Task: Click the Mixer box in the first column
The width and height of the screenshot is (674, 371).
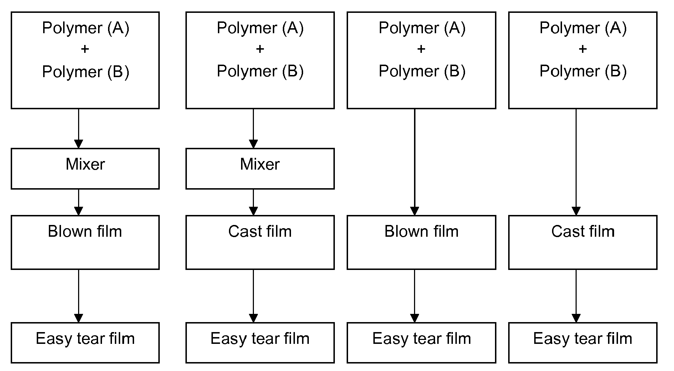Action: click(85, 169)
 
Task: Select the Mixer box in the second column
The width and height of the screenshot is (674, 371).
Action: click(260, 169)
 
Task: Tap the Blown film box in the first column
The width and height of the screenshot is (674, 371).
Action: click(85, 242)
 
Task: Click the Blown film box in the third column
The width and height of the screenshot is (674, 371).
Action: click(421, 242)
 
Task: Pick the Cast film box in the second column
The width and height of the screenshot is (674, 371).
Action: click(260, 242)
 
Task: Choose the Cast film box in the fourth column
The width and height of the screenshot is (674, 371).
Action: click(583, 242)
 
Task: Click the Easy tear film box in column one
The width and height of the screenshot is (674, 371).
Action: click(85, 342)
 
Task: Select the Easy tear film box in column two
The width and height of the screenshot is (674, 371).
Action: click(260, 342)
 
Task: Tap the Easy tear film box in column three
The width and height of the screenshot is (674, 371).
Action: click(421, 342)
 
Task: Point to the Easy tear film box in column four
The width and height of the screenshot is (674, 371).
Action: click(583, 342)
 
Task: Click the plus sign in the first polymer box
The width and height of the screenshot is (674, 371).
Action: click(85, 49)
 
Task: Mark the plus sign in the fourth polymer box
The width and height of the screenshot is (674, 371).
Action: click(583, 49)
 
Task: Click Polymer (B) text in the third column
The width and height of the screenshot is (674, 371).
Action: click(422, 71)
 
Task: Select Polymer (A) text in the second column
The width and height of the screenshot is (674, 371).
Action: click(260, 28)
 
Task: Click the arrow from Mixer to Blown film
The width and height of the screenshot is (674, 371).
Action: click(78, 202)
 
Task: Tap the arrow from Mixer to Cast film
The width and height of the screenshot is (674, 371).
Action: click(254, 202)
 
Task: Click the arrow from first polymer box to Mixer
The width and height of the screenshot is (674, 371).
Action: click(78, 129)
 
